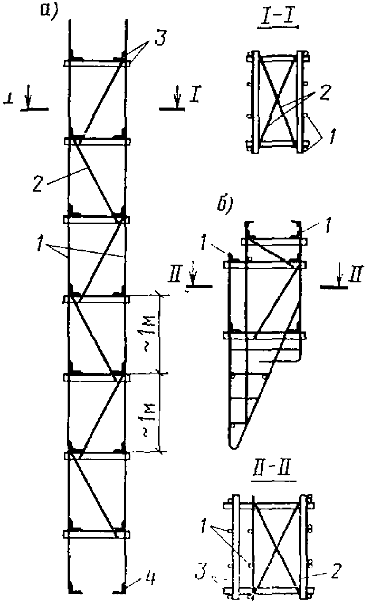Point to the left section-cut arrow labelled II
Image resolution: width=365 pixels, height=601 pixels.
pyautogui.click(x=193, y=280)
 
